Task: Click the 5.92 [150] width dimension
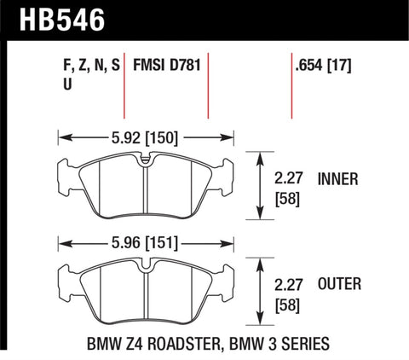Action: (145, 135)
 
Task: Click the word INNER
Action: (338, 179)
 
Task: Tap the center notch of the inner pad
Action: (145, 160)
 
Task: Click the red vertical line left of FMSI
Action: (125, 85)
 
